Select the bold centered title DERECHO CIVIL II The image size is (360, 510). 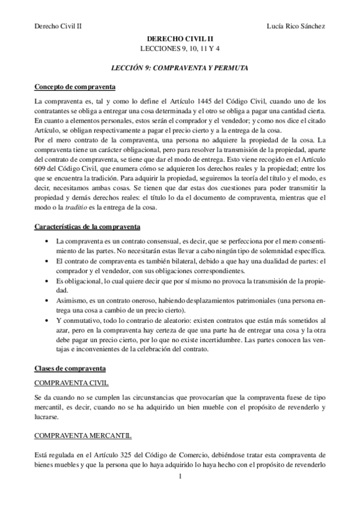pos(180,38)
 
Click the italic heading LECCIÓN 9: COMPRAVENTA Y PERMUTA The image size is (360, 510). pos(180,68)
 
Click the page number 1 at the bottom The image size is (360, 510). pos(180,478)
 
